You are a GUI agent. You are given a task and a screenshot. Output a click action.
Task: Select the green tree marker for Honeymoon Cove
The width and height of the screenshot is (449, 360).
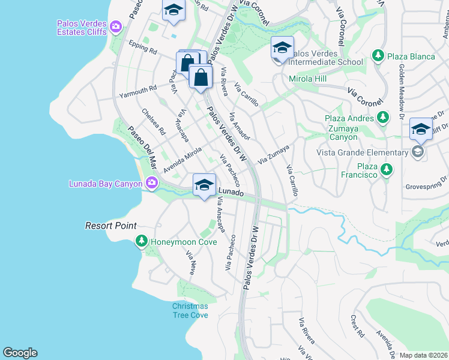142,242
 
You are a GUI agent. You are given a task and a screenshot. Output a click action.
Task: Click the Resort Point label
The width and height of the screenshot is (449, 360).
110,226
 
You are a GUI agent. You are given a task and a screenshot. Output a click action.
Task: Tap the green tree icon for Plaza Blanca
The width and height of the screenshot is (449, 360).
378,56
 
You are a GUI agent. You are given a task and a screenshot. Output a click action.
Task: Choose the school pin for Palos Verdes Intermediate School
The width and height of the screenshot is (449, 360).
282,49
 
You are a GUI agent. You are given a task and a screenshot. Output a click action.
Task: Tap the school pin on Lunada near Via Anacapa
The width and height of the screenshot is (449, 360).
204,185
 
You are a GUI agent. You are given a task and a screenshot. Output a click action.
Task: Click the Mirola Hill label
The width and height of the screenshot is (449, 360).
307,79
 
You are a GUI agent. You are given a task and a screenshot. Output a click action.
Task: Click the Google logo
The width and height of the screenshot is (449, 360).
20,353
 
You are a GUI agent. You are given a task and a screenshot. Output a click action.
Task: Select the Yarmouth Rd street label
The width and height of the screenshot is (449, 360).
137,88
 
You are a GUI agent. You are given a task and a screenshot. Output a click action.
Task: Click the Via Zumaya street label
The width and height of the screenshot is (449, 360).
274,154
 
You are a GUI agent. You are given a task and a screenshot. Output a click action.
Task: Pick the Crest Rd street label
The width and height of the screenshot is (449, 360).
358,326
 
